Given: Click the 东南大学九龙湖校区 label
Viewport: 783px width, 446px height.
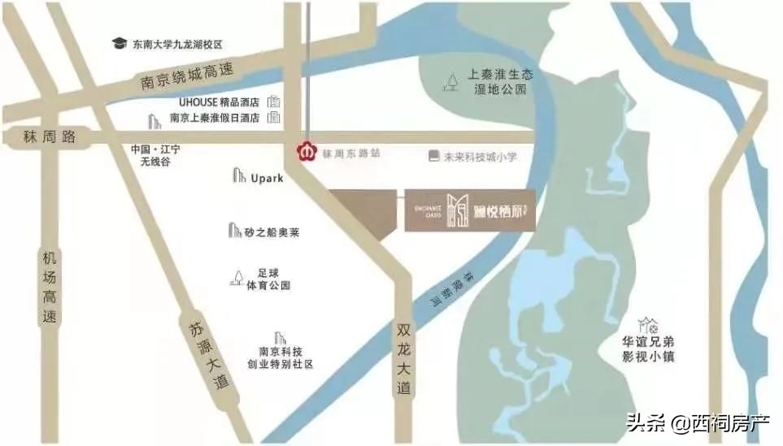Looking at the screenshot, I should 177,44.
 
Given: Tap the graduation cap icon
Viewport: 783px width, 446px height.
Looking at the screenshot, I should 120,43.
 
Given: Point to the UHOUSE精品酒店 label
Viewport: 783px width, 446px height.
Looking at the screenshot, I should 219,102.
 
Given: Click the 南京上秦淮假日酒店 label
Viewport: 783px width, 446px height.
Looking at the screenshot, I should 214,118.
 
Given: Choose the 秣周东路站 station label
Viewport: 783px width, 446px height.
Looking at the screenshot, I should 351,153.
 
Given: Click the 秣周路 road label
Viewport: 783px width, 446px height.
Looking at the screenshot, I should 50,136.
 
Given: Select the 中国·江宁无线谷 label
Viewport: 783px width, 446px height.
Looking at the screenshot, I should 155,156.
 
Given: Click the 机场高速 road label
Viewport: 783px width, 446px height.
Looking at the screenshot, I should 50,288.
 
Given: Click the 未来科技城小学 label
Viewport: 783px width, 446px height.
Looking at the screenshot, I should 480,157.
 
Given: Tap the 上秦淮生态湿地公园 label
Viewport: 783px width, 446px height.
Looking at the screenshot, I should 499,81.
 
